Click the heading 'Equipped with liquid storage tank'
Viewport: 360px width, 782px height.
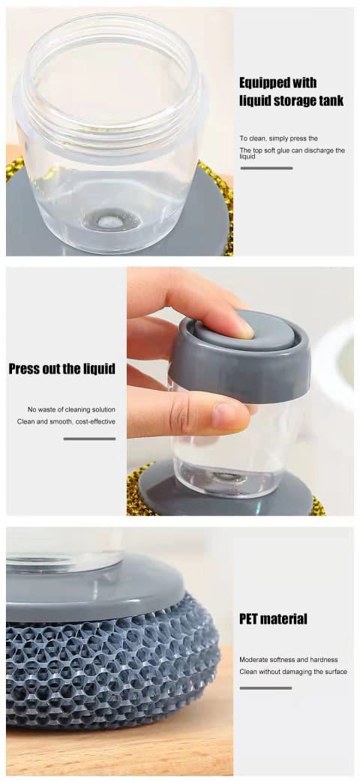(x=291, y=91)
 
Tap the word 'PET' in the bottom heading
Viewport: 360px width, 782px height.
(x=250, y=619)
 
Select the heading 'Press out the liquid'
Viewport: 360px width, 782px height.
(x=61, y=369)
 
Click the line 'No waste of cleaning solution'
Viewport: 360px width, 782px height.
(x=71, y=409)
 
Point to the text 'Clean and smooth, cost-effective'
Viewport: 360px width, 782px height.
(x=66, y=421)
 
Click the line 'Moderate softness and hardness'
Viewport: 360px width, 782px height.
(x=289, y=659)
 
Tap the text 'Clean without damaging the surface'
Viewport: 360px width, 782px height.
(x=293, y=671)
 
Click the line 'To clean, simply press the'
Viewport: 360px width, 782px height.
(x=279, y=138)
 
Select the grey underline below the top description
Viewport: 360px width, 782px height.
(x=266, y=168)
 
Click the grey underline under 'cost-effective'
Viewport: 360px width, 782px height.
(x=89, y=439)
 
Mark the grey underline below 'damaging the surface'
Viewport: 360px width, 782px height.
(x=265, y=688)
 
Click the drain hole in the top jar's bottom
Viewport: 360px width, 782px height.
(x=111, y=222)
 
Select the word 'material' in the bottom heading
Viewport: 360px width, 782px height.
(x=285, y=619)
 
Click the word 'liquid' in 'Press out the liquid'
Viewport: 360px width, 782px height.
(x=98, y=369)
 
